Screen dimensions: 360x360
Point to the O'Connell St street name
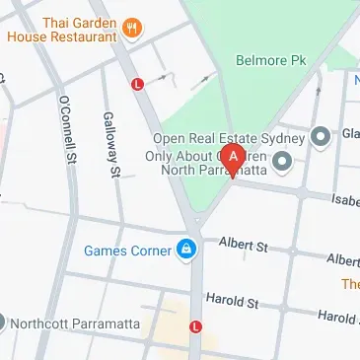pyautogui.click(x=67, y=130)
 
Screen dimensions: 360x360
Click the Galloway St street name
pyautogui.click(x=111, y=145)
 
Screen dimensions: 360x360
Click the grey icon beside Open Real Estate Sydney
pyautogui.click(x=320, y=136)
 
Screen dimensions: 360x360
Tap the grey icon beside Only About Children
pyautogui.click(x=283, y=161)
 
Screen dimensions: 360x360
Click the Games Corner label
pyautogui.click(x=127, y=251)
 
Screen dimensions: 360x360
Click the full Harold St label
pyautogui.click(x=232, y=299)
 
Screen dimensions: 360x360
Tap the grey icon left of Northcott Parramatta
pyautogui.click(x=2, y=321)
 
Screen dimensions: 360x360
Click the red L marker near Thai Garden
pyautogui.click(x=138, y=85)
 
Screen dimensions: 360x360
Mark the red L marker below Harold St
pyautogui.click(x=195, y=326)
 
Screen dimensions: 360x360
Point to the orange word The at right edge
pyautogui.click(x=351, y=284)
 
